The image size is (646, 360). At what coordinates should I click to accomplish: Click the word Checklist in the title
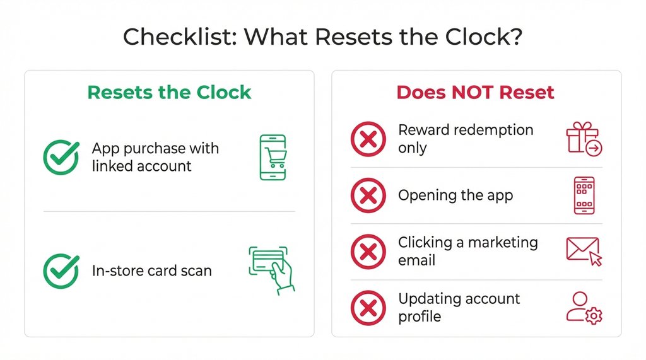pos(178,37)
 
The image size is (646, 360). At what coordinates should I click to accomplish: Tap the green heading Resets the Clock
pos(169,92)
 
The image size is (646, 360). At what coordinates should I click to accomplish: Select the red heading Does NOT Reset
pos(475,92)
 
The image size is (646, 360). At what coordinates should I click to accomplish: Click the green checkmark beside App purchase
pos(61,158)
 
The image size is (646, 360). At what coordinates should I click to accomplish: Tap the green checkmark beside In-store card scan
pos(61,271)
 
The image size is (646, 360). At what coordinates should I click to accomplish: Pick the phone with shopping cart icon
pos(273,158)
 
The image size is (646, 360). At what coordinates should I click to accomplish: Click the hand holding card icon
pos(272,270)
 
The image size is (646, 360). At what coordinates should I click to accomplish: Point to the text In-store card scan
pos(151,271)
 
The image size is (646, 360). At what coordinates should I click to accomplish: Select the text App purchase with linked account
pos(155,157)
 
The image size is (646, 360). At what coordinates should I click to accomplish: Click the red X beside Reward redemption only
pos(368,139)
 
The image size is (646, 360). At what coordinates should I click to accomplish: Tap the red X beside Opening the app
pos(368,195)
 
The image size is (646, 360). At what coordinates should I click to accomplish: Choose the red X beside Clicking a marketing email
pos(368,251)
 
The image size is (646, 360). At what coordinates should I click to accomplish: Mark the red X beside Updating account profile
pos(368,307)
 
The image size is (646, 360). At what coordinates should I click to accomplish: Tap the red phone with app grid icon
pos(584,195)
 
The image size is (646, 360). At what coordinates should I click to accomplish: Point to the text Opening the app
pos(455,195)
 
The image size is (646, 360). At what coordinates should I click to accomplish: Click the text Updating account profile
pos(459,307)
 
